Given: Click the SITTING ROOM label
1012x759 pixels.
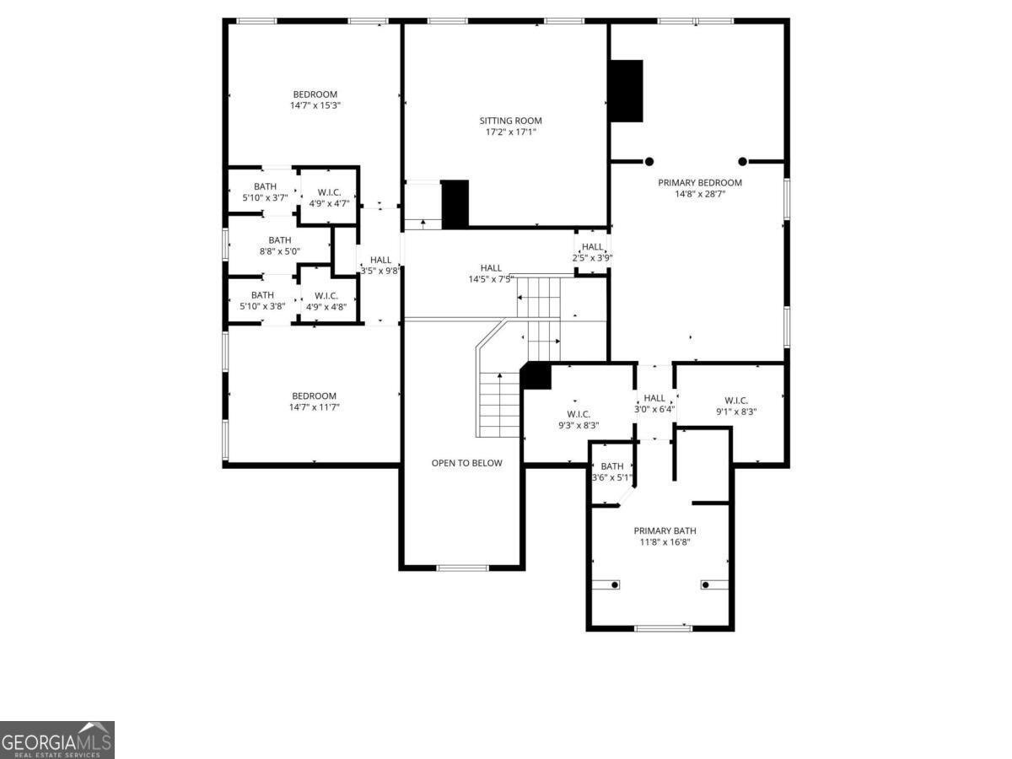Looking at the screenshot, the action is point(510,121).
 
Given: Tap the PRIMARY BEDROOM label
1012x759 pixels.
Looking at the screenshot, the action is point(700,182).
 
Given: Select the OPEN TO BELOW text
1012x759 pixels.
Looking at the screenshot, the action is point(466,463).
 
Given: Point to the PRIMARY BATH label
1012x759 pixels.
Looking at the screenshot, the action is point(665,531).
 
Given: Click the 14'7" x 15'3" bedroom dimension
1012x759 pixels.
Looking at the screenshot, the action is point(315,105).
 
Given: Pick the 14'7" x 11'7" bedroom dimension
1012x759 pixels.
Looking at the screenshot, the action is point(314,407).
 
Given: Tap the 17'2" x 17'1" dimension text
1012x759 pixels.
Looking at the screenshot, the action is point(510,132).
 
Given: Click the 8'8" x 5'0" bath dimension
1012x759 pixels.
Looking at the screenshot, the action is point(279,251).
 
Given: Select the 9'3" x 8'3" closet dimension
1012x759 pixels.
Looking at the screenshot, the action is point(579,425).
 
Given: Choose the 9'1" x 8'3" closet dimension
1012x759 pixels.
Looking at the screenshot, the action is point(736,412).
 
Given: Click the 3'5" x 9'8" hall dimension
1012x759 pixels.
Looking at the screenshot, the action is point(379,271).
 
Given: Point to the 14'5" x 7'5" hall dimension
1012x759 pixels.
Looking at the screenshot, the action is point(491,279).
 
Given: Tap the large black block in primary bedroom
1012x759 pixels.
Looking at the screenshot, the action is point(627,91).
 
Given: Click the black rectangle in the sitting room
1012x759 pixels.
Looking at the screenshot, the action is point(455,204).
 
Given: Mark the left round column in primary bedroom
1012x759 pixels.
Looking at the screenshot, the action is point(649,162).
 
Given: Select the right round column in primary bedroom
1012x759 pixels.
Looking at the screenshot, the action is point(742,162).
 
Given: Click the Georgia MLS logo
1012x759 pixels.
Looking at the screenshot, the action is point(57,740).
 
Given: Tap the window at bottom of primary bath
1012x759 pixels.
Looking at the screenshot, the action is point(664,628).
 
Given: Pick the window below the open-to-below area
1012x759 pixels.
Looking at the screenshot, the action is point(462,568).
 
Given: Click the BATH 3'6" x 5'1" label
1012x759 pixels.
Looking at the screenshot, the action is point(612,472).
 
